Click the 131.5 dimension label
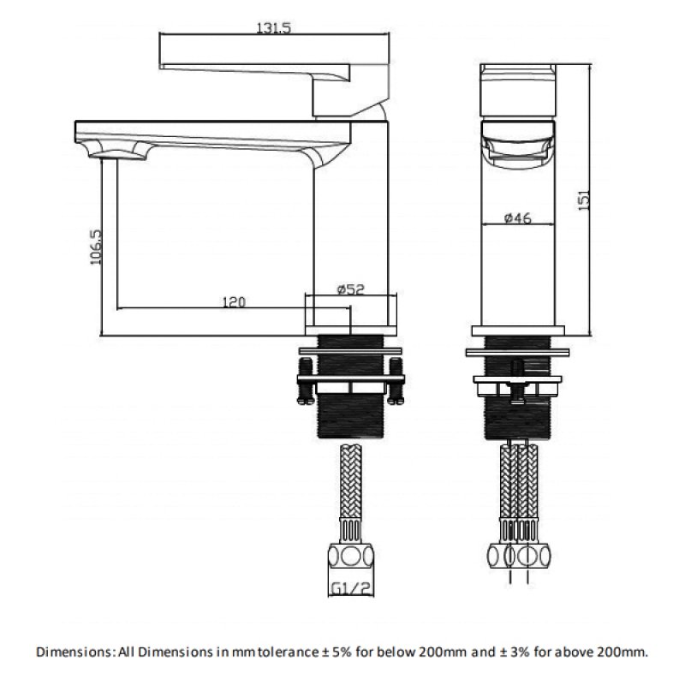coord(273,28)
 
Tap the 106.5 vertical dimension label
coord(96,247)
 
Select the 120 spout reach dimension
coord(234,302)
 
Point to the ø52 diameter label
coord(350,289)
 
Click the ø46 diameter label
coord(518,217)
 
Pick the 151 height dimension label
coord(584,200)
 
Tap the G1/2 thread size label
coord(351,588)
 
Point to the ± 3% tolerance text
coord(515,652)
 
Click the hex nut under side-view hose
coord(351,556)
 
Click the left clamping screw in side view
coord(306,380)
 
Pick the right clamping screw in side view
coord(396,380)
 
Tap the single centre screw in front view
coord(518,381)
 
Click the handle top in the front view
coord(518,91)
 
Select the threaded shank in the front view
coord(518,387)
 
